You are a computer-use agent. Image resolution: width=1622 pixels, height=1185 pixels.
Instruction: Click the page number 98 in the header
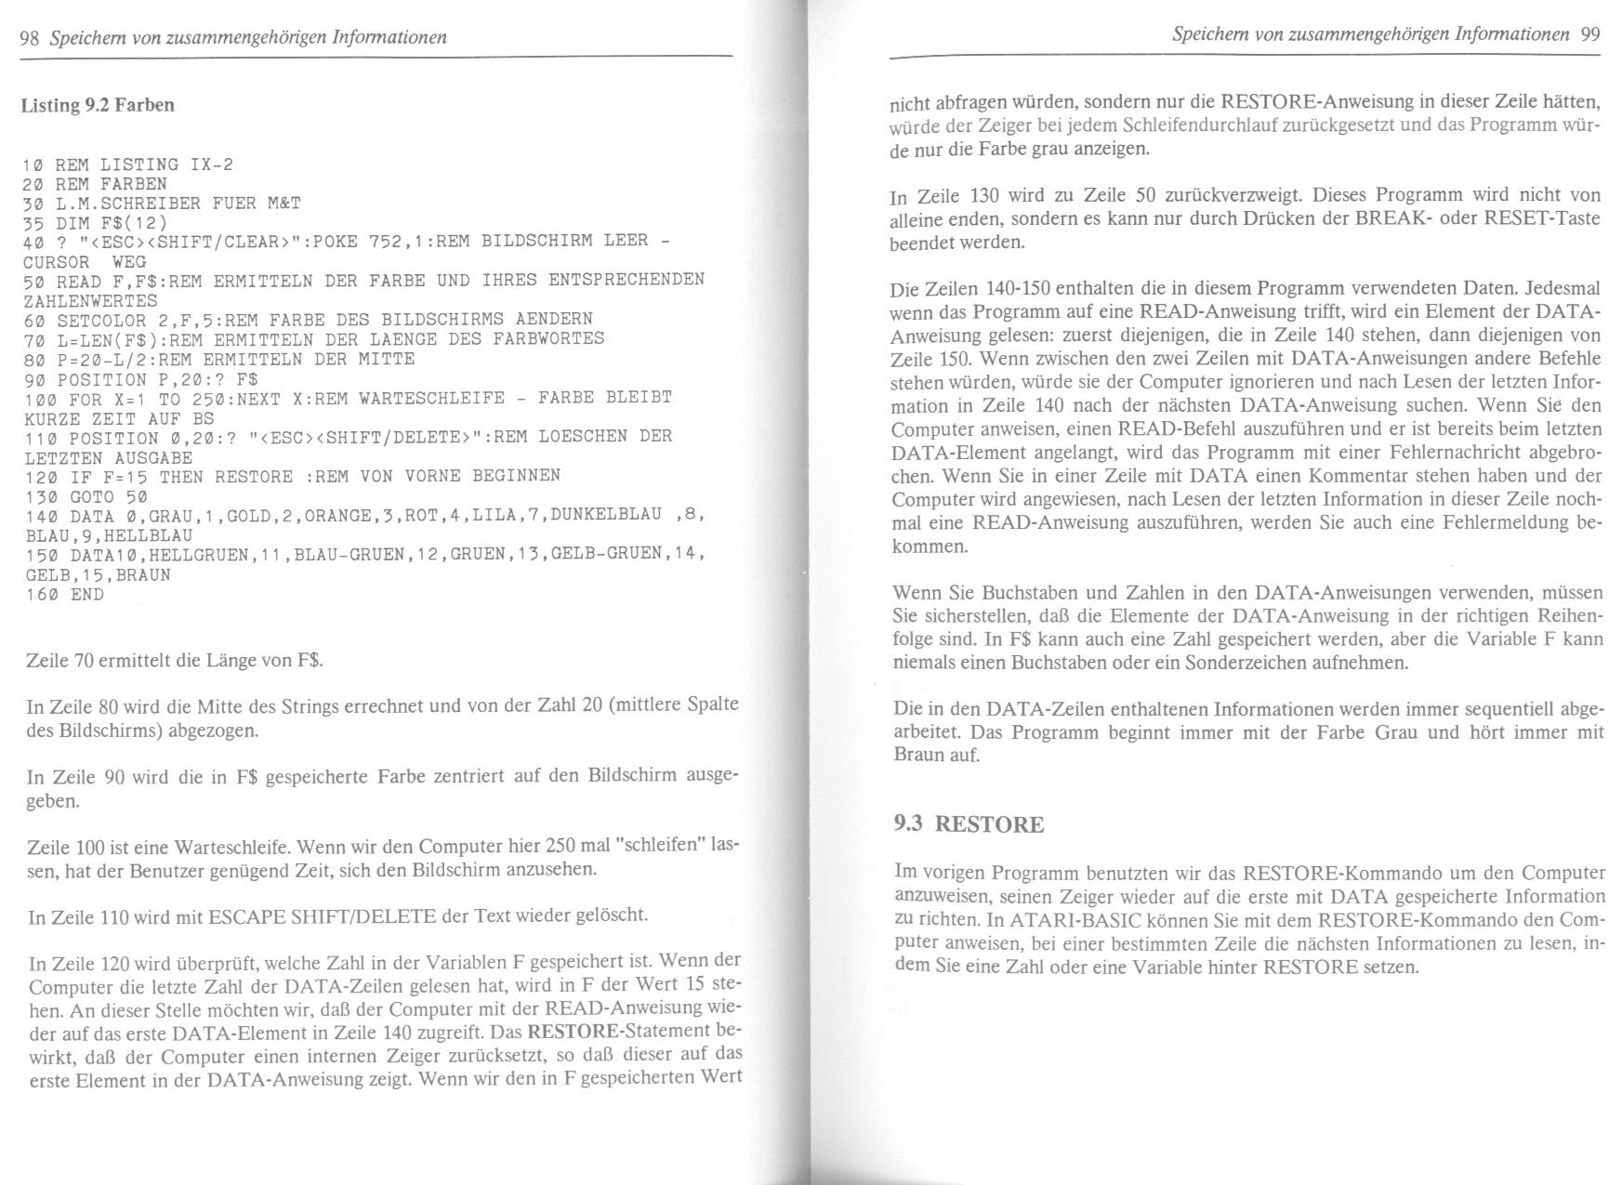[30, 37]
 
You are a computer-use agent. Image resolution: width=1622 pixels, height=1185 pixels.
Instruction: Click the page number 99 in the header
[1589, 35]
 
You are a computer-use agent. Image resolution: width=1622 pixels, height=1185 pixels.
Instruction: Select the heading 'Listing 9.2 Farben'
[98, 105]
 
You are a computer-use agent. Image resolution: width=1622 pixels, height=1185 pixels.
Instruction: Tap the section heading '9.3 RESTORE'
[968, 824]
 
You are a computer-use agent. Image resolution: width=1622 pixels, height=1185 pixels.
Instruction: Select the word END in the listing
[87, 594]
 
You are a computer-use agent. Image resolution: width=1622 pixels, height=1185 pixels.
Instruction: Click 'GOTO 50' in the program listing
[105, 496]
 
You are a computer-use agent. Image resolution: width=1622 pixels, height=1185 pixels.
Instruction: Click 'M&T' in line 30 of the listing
[284, 203]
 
